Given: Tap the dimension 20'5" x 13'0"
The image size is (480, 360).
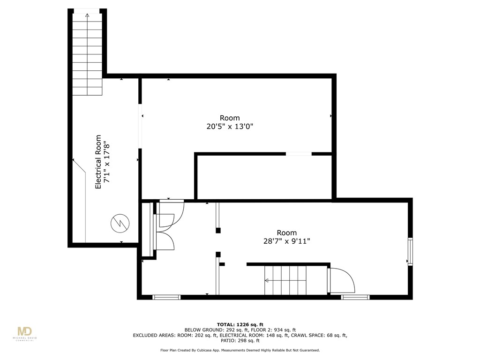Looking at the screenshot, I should (230, 127).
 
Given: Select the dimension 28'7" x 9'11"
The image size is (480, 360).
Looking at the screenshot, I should (286, 241).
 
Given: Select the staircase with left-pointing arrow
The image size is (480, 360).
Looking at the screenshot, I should (285, 280).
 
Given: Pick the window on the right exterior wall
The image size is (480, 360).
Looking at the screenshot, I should (410, 252).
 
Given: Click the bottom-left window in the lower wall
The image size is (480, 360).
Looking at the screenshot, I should (166, 297).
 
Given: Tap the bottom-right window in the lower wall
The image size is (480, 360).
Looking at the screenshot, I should (355, 297).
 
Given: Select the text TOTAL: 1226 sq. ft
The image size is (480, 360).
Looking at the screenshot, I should (240, 324).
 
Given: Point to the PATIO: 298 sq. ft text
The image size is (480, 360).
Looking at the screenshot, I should (240, 341).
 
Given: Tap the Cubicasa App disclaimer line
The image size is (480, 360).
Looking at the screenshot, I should (240, 350).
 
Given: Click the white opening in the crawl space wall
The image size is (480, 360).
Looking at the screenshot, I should (299, 153).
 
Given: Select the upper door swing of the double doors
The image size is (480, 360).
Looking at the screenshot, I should (171, 213).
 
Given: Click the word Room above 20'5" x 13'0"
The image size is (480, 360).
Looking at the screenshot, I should (230, 118).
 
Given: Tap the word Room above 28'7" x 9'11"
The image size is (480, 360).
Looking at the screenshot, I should (286, 233).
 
